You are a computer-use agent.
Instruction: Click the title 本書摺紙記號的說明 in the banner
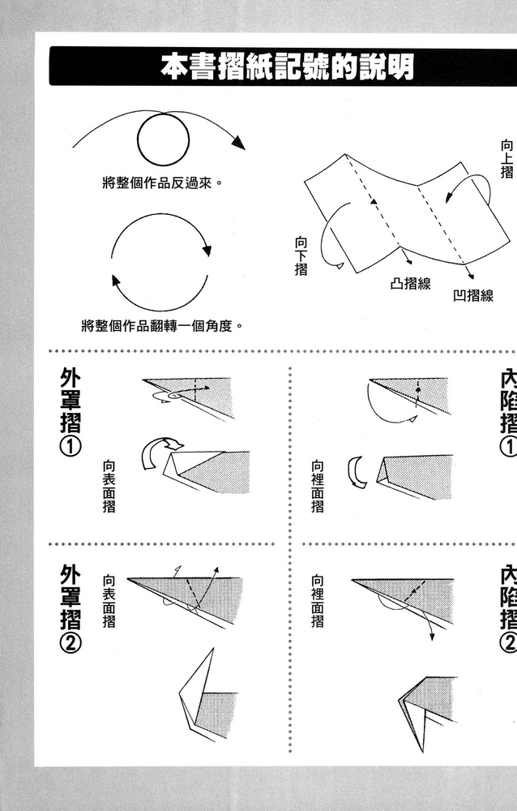tap(286, 67)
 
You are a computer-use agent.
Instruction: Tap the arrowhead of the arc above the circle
tap(237, 143)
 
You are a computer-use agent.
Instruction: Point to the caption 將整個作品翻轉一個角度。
tap(163, 326)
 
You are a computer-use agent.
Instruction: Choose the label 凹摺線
tap(472, 295)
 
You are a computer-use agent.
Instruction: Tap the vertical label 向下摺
tap(301, 255)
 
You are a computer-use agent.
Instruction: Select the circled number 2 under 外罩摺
tap(70, 644)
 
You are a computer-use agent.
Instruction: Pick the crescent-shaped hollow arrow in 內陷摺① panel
tap(355, 472)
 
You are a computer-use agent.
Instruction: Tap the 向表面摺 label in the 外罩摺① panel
tap(109, 487)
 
